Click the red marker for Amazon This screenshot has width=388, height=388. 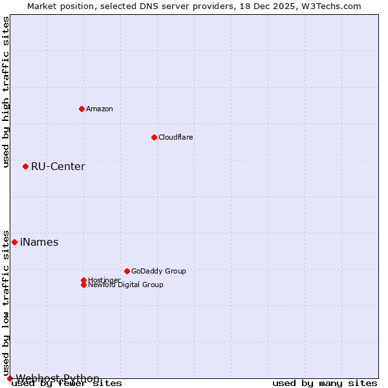coord(81,109)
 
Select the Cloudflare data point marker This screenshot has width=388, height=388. coord(154,137)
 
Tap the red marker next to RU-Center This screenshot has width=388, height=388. coord(25,167)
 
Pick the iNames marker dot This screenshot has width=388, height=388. coord(14,242)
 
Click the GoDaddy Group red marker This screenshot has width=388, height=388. coord(127,271)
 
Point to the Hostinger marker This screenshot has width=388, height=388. coord(83,280)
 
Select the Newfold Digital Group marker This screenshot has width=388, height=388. coord(83,285)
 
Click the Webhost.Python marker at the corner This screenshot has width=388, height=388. coord(10,378)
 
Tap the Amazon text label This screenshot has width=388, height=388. coord(100,109)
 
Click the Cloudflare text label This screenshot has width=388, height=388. coord(176,137)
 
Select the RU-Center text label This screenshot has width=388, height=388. coord(58,167)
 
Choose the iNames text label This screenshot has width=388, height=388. coord(39,242)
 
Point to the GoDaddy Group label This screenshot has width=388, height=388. coord(158,271)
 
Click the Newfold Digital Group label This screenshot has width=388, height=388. coord(126,285)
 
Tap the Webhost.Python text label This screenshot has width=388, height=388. coord(58,378)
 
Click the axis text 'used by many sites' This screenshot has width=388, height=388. coord(325,383)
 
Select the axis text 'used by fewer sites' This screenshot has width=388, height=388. coord(67,383)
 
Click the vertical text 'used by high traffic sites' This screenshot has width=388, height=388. coord(6,92)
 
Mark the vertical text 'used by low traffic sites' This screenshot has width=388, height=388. coord(6,303)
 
